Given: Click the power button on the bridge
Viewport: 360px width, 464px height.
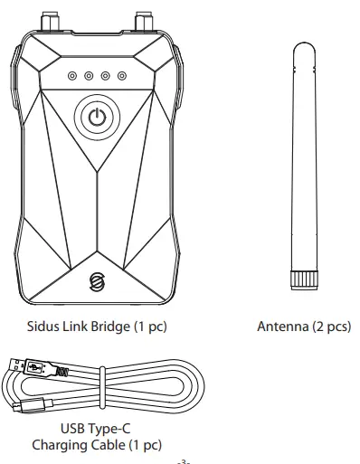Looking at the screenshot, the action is (98, 118).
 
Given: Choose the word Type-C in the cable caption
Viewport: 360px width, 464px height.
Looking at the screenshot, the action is (115, 430).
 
